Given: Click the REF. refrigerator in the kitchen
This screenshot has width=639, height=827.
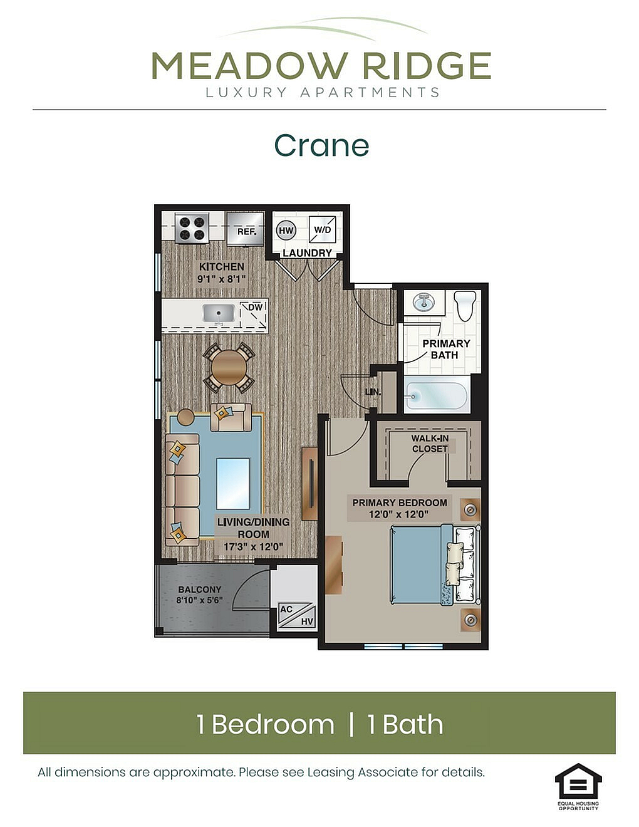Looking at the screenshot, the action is tap(245, 228).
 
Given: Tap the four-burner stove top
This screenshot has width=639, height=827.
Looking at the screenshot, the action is tap(192, 227).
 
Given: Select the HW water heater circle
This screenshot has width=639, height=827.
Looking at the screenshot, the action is tap(286, 231).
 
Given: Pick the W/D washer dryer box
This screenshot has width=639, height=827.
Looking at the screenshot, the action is tap(322, 229).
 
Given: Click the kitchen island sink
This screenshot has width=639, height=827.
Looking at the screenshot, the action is tap(219, 313).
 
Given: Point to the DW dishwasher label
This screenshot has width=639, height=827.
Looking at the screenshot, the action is tap(255, 307).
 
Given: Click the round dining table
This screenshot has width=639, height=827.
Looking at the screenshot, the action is tap(229, 368).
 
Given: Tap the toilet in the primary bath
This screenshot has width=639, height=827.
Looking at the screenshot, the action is tap(466, 306).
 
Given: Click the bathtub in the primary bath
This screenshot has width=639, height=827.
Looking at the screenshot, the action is tap(437, 396).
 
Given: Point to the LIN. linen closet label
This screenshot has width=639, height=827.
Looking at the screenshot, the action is tap(373, 392).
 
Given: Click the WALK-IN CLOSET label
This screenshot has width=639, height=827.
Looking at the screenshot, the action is tap(430, 444).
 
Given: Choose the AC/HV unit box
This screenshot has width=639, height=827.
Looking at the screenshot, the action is tap(296, 615).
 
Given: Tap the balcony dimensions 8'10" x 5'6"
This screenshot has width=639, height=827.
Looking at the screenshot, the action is tap(199, 600).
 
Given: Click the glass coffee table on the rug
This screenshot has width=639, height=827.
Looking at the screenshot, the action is tap(233, 483).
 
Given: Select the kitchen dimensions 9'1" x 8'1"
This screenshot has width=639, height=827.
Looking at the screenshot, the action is tap(221, 279).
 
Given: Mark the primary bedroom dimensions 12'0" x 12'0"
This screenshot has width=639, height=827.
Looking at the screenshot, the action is tap(399, 514).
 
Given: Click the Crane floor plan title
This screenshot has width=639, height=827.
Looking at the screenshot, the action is tap(321, 145).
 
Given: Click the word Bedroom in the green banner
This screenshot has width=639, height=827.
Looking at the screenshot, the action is tap(273, 724).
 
